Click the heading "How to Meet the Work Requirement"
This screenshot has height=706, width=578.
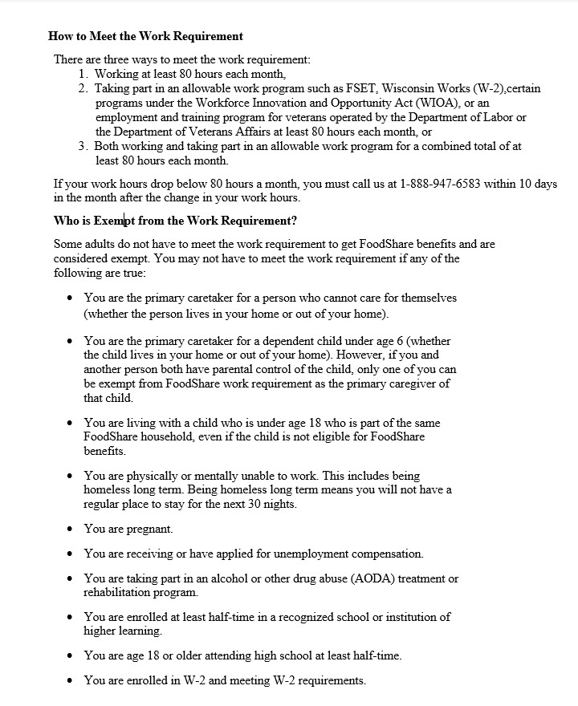145,36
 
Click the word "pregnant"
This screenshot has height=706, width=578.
149,529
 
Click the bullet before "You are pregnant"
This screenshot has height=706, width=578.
71,529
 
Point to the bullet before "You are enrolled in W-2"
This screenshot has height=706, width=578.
71,680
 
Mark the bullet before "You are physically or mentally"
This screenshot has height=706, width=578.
71,476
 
